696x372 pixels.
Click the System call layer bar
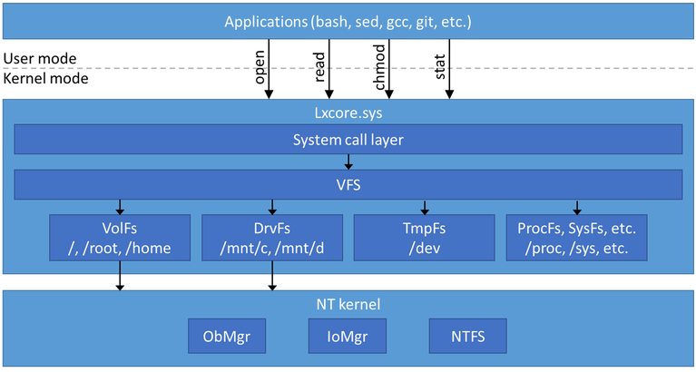click(348, 140)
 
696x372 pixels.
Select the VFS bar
click(348, 185)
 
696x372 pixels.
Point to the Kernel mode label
click(44, 79)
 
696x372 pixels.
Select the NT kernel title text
click(348, 304)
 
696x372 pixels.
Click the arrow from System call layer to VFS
click(348, 162)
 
